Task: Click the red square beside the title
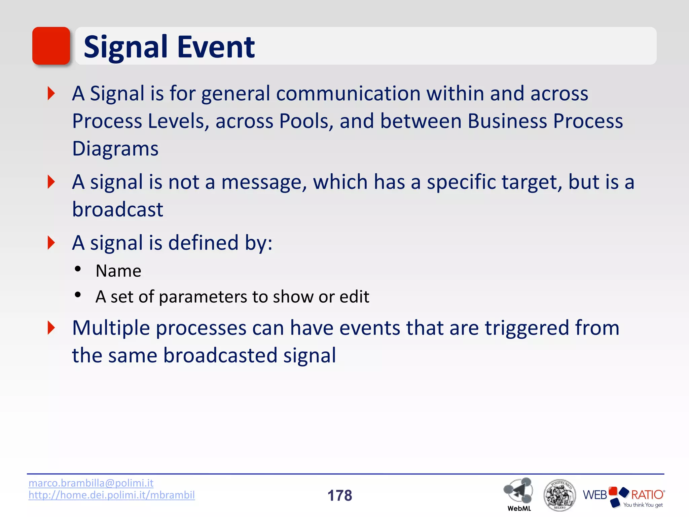click(51, 46)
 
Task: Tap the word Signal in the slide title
click(125, 47)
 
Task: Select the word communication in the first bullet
click(348, 93)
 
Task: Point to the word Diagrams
click(115, 149)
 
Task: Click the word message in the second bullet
click(264, 182)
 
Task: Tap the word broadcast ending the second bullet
click(117, 209)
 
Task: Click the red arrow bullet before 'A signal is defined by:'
click(51, 243)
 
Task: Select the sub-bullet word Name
click(118, 271)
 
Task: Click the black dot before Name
click(78, 269)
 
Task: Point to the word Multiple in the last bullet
click(111, 328)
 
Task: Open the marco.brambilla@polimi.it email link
click(91, 483)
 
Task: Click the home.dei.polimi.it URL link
click(112, 495)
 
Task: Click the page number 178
click(339, 495)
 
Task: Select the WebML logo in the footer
click(518, 493)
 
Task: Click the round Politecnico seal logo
click(559, 495)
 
